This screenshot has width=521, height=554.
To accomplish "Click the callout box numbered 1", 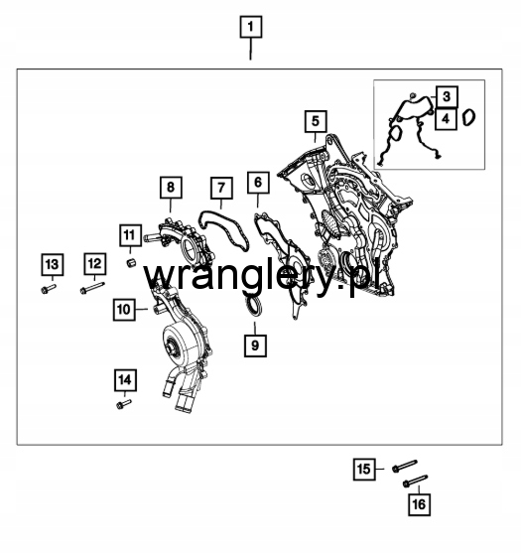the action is (251, 27).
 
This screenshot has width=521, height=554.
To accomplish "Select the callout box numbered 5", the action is (316, 121).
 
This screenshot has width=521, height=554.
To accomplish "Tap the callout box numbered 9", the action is (255, 346).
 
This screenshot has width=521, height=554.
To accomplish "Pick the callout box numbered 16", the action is (419, 504).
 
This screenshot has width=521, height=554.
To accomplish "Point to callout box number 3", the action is (447, 96).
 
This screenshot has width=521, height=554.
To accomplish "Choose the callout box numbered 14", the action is (125, 380).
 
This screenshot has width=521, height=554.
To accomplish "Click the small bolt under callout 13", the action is (48, 289).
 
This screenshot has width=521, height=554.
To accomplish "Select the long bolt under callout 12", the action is (92, 288).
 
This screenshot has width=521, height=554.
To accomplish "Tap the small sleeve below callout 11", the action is (131, 263).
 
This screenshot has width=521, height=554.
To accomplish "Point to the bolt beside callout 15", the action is (405, 466).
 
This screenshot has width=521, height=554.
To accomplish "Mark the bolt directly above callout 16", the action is (415, 482).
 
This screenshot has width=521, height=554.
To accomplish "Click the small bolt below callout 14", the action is (124, 404).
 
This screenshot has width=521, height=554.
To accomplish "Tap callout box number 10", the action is (124, 310).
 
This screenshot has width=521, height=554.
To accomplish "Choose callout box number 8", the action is (171, 188).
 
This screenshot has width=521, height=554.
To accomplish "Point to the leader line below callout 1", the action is (251, 49).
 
